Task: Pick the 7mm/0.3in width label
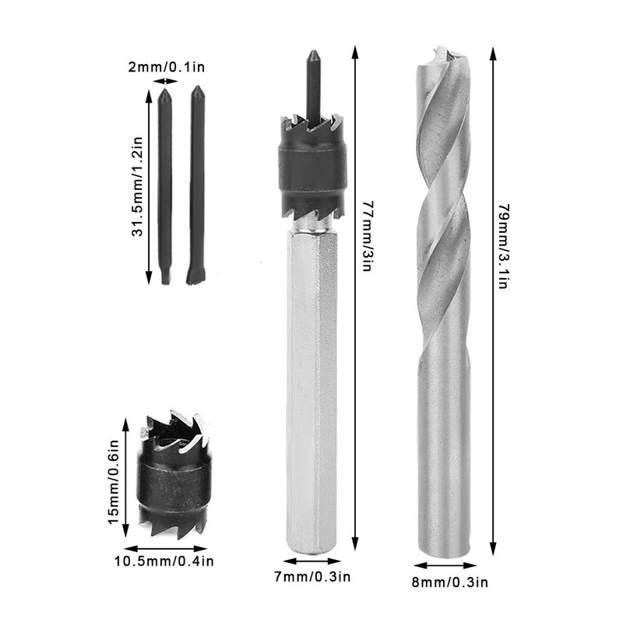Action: tap(311, 577)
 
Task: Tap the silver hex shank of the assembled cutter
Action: tap(312, 389)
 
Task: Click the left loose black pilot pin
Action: tap(165, 187)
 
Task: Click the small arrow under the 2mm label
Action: tap(166, 81)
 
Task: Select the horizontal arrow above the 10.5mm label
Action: tap(166, 547)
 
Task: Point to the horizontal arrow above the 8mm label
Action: tap(445, 566)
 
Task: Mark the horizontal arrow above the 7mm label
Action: tap(311, 561)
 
